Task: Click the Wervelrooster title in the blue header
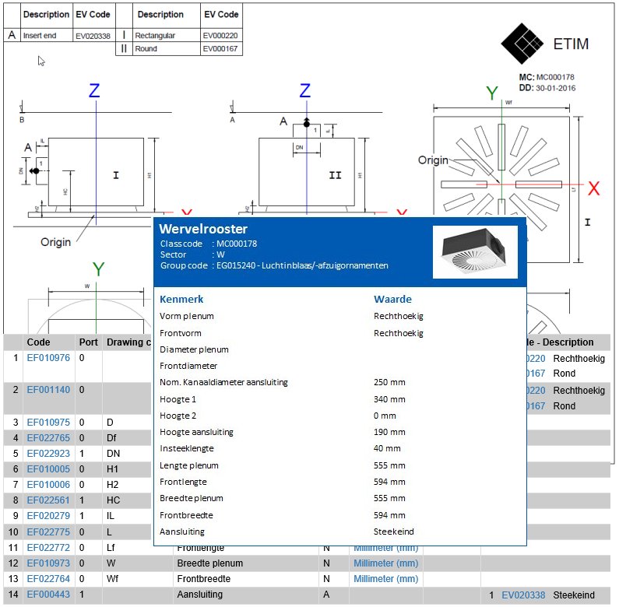(x=203, y=229)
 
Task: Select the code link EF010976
(x=48, y=358)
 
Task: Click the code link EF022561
(x=48, y=500)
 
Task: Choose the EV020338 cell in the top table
(x=93, y=36)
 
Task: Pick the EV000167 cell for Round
(x=220, y=49)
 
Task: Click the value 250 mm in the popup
(x=390, y=382)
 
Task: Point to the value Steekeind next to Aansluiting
(x=394, y=532)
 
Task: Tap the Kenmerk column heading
(x=181, y=299)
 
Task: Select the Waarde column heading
(x=392, y=299)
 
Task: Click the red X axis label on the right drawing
(x=594, y=188)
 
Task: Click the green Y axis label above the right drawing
(x=492, y=93)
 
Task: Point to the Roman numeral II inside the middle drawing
(x=335, y=176)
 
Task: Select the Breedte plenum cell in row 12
(x=209, y=563)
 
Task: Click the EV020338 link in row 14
(x=524, y=595)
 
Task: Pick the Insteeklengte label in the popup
(x=187, y=448)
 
